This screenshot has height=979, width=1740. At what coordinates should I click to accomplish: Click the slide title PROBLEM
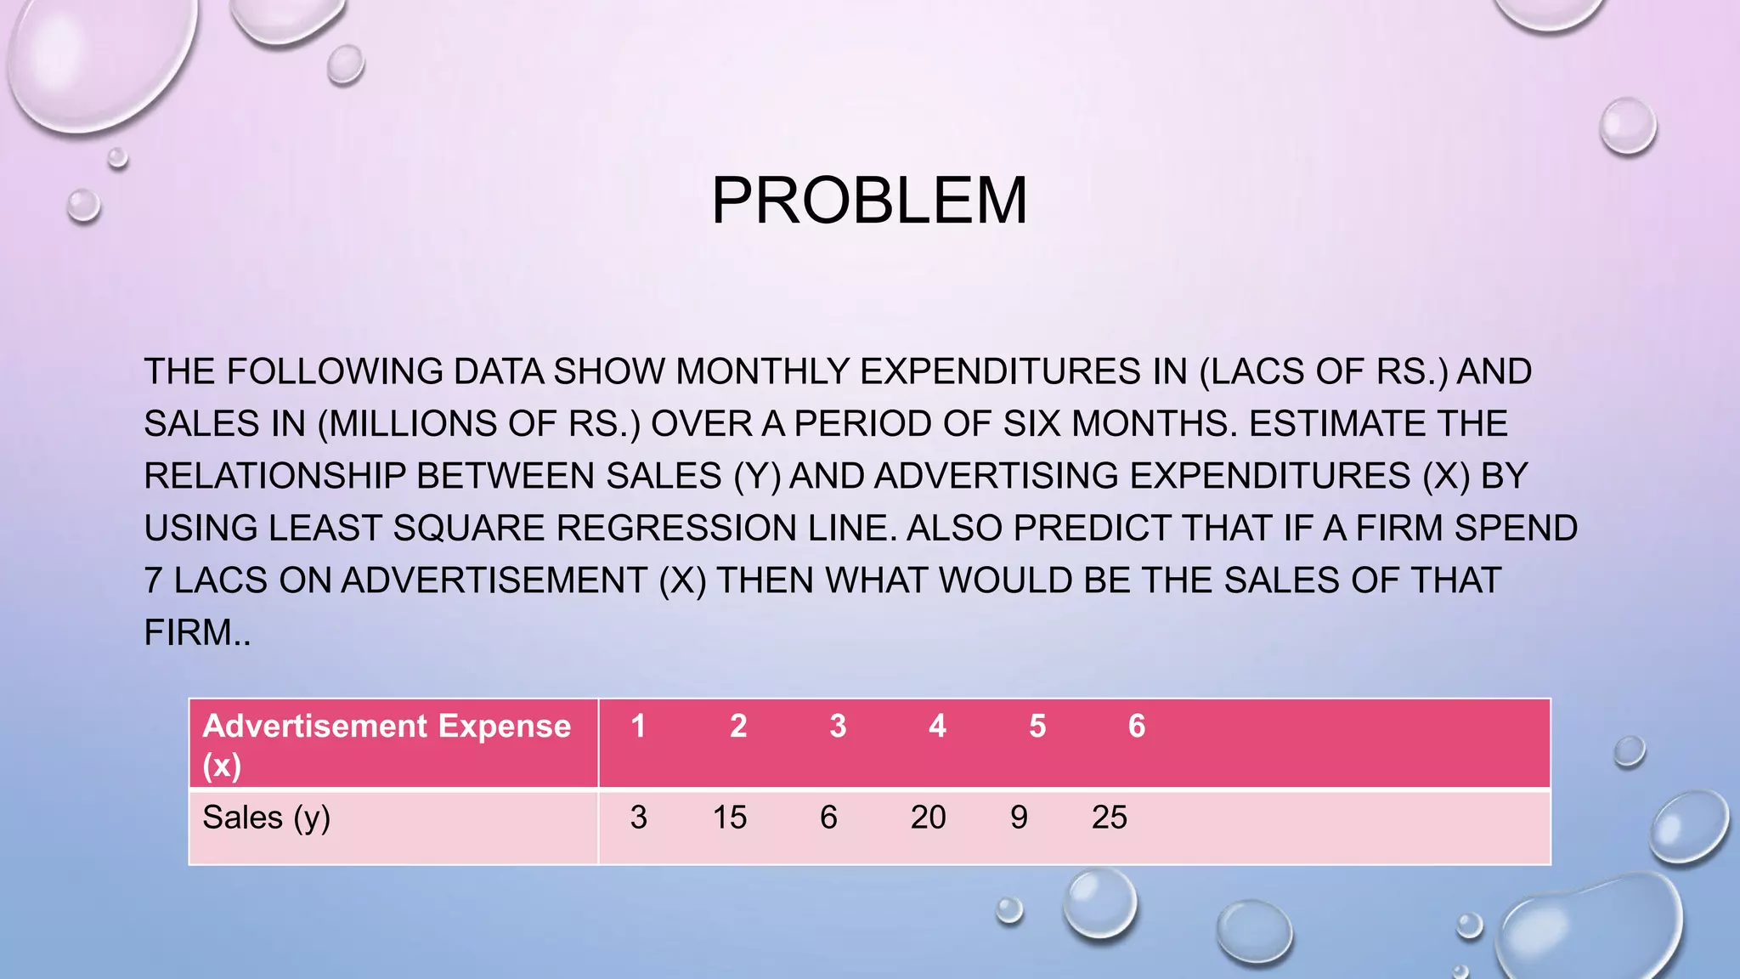(x=869, y=201)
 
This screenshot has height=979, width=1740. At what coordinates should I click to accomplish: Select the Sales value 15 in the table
(x=729, y=818)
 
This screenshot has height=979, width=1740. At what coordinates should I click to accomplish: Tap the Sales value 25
(x=1109, y=818)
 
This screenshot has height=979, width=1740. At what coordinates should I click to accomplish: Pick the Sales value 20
(x=928, y=818)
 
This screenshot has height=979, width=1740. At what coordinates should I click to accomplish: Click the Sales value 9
(x=1019, y=818)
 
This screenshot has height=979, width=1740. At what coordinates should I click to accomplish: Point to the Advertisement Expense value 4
(x=937, y=726)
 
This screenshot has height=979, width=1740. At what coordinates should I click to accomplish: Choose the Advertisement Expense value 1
(x=638, y=726)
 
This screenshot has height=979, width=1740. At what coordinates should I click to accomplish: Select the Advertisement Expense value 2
(x=738, y=726)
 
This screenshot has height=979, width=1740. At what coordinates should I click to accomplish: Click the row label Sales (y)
(x=266, y=818)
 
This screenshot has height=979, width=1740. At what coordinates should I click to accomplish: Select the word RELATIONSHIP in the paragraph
(x=274, y=476)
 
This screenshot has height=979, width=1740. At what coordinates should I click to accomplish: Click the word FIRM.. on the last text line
(x=197, y=633)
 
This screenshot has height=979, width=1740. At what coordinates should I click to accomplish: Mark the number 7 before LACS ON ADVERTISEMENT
(x=153, y=581)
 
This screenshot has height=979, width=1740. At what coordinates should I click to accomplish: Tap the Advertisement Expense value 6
(x=1137, y=726)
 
